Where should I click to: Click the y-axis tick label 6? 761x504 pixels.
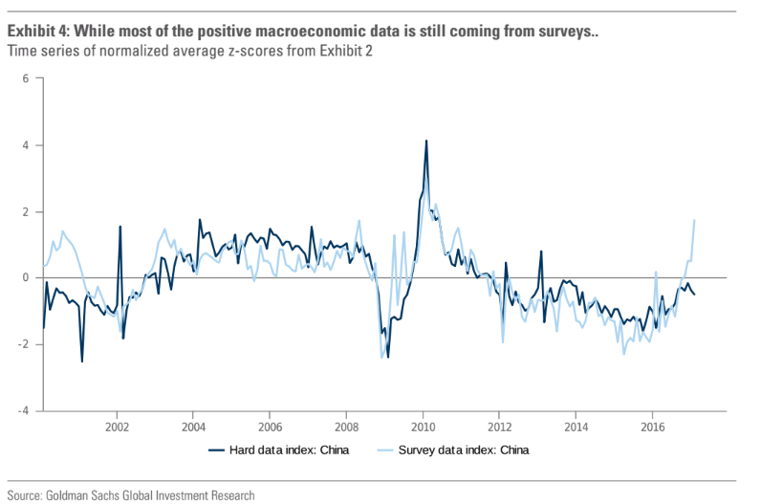point(27,78)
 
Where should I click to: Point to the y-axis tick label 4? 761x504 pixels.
point(27,145)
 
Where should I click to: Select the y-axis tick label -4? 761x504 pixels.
point(25,410)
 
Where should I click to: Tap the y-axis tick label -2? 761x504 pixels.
point(25,344)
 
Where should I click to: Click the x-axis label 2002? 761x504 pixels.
point(117,427)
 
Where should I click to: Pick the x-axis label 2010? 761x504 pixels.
point(423,427)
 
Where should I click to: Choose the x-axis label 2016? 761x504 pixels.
point(652,427)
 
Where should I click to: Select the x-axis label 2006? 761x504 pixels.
point(270,427)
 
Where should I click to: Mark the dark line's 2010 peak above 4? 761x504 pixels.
point(425,142)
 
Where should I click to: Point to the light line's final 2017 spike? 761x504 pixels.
point(693,221)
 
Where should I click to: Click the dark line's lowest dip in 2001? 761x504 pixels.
point(82,361)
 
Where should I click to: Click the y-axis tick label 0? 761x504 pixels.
point(27,277)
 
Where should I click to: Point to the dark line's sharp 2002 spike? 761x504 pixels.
point(120,227)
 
